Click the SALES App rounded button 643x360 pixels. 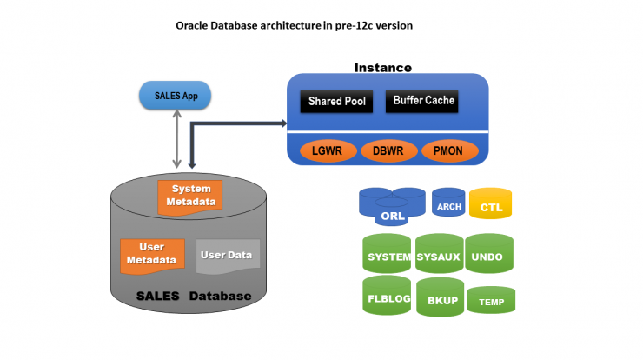176,96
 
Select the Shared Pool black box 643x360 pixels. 336,101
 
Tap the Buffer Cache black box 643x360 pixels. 421,101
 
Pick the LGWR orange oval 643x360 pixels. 328,150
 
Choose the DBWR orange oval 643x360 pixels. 388,150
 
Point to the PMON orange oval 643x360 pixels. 450,150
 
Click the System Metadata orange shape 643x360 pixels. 190,197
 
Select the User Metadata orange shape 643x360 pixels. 152,257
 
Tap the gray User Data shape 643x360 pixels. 228,257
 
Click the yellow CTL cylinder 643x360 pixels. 490,203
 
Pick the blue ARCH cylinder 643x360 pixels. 448,203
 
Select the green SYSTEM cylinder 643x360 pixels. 387,253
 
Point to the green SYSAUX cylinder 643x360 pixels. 439,253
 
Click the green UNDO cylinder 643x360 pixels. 489,253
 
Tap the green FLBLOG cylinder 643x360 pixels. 387,295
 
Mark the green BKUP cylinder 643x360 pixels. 440,297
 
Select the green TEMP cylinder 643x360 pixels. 491,300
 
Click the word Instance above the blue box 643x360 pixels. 382,68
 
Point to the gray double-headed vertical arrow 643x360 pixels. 176,139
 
